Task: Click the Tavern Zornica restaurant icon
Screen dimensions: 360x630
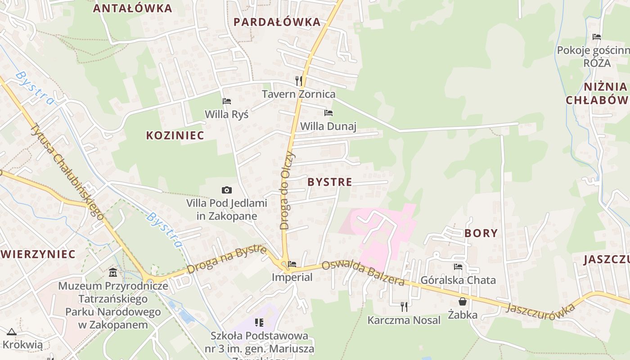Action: pyautogui.click(x=298, y=81)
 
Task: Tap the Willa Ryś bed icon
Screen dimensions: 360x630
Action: pyautogui.click(x=227, y=102)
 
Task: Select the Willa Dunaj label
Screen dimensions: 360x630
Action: pyautogui.click(x=328, y=126)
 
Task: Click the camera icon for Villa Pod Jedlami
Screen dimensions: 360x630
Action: pyautogui.click(x=227, y=190)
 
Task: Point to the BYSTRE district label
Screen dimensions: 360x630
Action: pyautogui.click(x=330, y=182)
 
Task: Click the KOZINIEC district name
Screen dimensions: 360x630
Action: pyautogui.click(x=175, y=135)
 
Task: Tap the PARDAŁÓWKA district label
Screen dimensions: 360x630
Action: pyautogui.click(x=277, y=22)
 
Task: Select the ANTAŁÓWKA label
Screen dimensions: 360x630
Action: pyautogui.click(x=133, y=8)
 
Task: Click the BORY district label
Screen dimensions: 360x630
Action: pyautogui.click(x=481, y=233)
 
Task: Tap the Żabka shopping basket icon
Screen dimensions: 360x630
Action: pyautogui.click(x=463, y=301)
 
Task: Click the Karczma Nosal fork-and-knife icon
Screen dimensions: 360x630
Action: pyautogui.click(x=404, y=307)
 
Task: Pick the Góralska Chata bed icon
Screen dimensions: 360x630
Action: pyautogui.click(x=458, y=267)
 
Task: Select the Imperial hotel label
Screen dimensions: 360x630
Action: pyautogui.click(x=292, y=277)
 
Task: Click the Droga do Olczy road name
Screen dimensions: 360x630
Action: pyautogui.click(x=288, y=190)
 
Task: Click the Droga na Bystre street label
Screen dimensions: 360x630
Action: pyautogui.click(x=227, y=259)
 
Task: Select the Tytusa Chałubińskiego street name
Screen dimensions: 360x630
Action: pyautogui.click(x=67, y=171)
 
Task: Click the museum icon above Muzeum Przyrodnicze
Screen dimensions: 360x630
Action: pyautogui.click(x=113, y=273)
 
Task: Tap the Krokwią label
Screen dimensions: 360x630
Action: pyautogui.click(x=22, y=345)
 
